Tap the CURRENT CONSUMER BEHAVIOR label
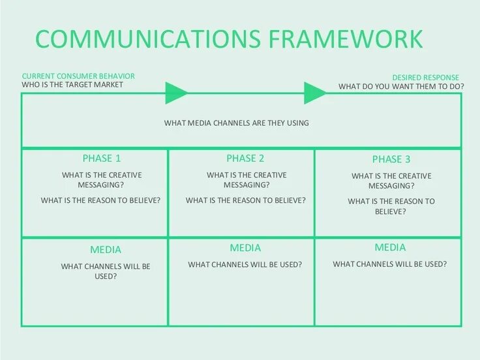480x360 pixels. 83,76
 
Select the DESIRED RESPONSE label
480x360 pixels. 425,78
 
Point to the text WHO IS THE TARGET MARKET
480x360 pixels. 72,85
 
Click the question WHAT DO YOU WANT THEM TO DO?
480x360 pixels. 401,86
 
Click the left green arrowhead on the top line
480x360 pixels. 176,93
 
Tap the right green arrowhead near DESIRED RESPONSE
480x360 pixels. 316,93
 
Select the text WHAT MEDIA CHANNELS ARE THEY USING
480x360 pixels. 236,123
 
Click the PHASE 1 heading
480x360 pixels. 101,158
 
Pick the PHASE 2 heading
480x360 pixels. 245,158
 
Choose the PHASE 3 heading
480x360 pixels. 391,159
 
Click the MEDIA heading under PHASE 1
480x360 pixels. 105,250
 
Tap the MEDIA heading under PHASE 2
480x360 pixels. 245,248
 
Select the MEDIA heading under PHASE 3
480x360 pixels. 390,247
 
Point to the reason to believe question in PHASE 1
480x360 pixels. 100,200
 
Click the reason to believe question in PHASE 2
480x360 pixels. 246,200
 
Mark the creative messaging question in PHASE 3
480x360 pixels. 391,181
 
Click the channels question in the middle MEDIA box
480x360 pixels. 245,264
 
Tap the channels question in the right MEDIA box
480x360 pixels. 390,264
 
